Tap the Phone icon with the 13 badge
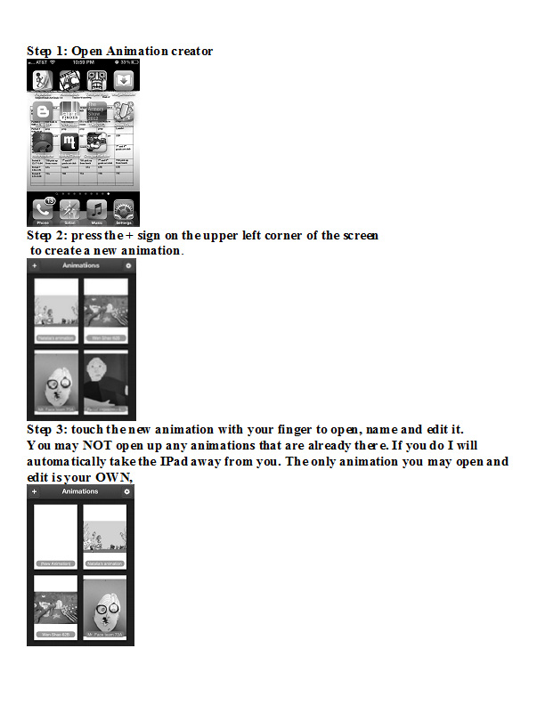click(41, 210)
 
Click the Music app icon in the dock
click(96, 210)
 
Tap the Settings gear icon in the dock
click(125, 210)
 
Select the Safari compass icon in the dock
click(69, 210)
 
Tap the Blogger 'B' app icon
click(41, 111)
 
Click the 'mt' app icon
click(69, 142)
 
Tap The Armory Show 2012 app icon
click(97, 111)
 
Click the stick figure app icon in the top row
click(41, 81)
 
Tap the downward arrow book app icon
click(125, 81)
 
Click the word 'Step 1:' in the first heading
click(46, 51)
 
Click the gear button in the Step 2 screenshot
click(128, 265)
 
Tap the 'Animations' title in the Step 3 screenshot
click(80, 491)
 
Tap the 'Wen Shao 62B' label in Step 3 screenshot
click(55, 635)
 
